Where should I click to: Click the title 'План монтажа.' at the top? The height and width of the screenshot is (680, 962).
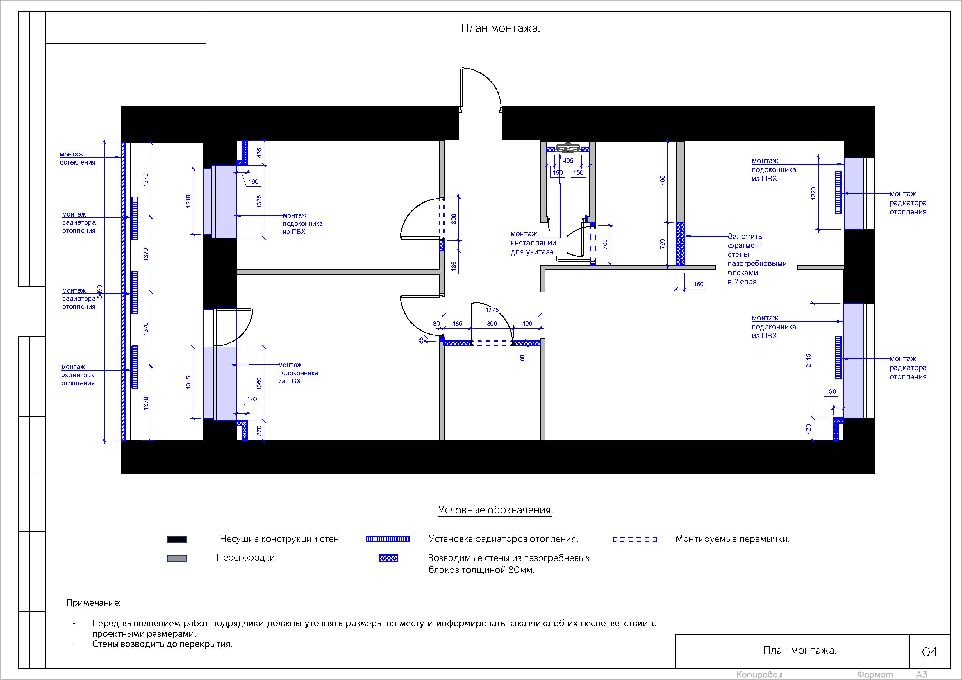coord(500,28)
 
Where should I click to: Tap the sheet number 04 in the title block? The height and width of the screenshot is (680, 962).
coord(929,652)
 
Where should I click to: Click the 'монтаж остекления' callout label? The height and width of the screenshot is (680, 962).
coord(78,158)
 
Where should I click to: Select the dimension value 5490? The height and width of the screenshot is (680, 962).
coord(100,292)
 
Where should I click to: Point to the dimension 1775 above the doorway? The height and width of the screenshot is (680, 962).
coord(492,310)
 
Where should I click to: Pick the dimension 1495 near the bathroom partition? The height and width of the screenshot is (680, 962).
coord(663,182)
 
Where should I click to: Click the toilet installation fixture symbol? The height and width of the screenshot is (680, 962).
coord(568,148)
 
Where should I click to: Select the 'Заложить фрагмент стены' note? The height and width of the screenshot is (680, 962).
coord(757,259)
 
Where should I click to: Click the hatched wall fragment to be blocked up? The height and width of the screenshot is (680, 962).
coord(681,244)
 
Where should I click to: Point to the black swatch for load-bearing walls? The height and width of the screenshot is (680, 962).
coord(177,540)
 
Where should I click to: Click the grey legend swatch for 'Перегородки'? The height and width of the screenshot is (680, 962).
coord(177,558)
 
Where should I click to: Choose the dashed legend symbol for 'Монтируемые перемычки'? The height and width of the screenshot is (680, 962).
coord(634,540)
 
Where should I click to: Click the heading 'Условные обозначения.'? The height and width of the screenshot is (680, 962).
coord(495,510)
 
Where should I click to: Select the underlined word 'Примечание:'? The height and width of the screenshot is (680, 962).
coord(93,603)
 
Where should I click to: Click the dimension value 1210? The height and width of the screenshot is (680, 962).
coord(189,201)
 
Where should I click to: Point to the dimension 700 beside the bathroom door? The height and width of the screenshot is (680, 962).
coord(605,244)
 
